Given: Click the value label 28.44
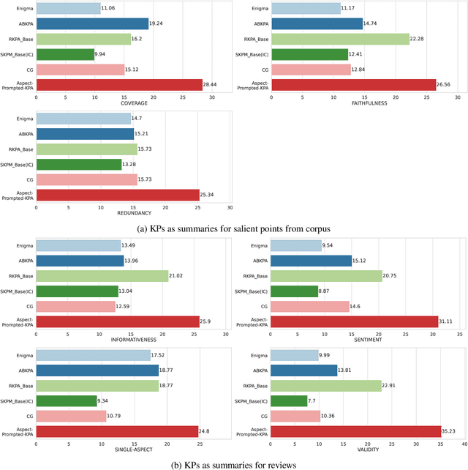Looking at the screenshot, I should (x=214, y=85).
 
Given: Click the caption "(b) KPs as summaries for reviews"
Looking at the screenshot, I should (x=234, y=463).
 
